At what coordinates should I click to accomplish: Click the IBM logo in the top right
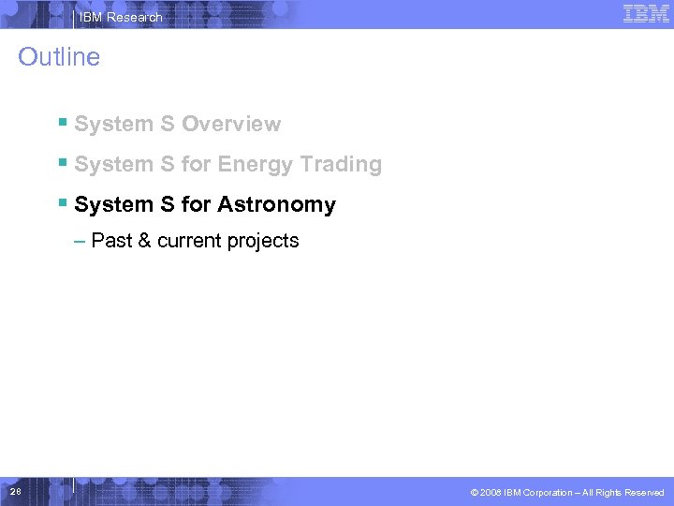pos(646,14)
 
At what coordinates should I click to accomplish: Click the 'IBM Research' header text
pos(121,17)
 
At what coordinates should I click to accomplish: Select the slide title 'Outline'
pos(59,57)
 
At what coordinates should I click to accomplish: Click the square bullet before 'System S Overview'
pos(62,123)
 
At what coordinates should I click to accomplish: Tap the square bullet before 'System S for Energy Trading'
pos(62,163)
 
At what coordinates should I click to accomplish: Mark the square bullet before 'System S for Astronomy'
pos(62,203)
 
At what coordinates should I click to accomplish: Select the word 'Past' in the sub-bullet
pos(111,241)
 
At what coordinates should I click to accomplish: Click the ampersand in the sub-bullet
pos(144,241)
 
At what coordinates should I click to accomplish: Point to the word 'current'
pos(190,241)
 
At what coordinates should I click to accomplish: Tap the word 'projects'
pos(264,242)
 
